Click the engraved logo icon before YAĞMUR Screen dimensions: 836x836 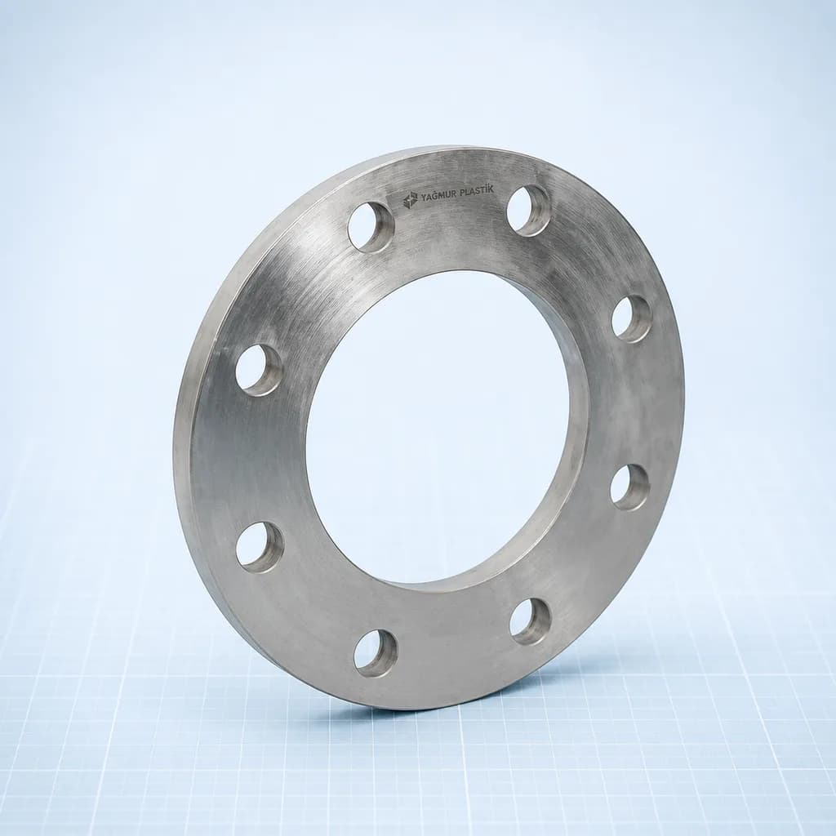(410, 201)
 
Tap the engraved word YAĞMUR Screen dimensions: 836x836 (436, 196)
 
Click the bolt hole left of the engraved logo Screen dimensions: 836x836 (371, 226)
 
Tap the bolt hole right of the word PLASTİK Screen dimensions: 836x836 (528, 210)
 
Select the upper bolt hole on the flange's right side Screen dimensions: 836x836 (632, 319)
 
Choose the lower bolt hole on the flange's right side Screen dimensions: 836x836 (630, 487)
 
